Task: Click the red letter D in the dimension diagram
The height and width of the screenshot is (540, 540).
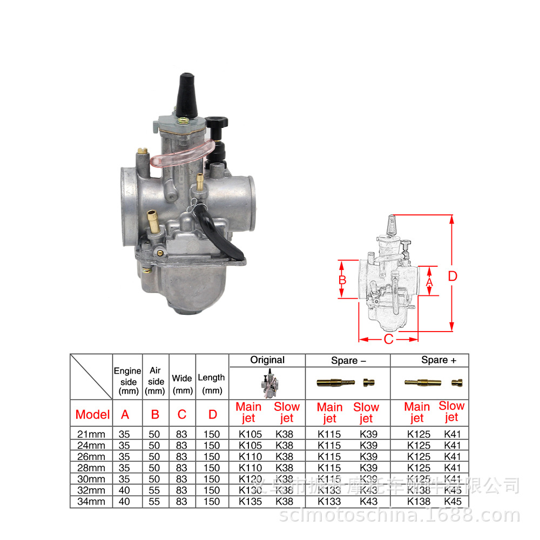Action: coord(453,276)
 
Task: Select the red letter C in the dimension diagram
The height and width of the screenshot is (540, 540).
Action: coord(388,339)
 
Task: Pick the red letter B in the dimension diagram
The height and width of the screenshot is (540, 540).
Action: coord(342,280)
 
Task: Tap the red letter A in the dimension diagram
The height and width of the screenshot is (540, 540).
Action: coord(429,281)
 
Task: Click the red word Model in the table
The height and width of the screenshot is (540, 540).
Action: coord(92,414)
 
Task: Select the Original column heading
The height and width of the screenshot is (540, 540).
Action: coord(267,360)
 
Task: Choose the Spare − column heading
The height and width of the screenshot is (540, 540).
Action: coord(348,360)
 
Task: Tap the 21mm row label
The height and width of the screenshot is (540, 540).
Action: coord(91,434)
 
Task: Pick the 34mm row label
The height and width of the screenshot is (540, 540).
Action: coord(91,502)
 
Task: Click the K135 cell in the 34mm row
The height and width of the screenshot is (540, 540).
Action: coord(250,502)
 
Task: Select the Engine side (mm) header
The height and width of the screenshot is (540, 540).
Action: coord(127,381)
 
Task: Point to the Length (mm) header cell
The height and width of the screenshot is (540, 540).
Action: coord(212,383)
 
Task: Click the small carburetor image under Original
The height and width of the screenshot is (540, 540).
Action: coord(267,383)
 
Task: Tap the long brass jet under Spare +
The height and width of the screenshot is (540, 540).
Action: coord(422,382)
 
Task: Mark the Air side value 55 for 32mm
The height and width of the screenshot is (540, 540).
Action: coord(155,490)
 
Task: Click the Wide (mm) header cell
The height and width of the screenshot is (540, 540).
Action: coord(182,383)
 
